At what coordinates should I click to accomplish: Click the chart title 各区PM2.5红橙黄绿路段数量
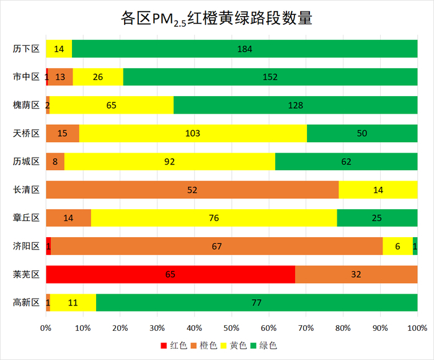[216, 18]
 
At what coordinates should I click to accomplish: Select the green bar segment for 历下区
[244, 48]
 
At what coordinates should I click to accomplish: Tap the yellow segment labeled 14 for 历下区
[59, 48]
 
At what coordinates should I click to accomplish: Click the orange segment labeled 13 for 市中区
[60, 77]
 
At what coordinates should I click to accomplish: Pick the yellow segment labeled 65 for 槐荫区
[112, 105]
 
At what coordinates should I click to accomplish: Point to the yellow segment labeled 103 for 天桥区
[193, 133]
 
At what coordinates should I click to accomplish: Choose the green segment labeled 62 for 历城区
[346, 161]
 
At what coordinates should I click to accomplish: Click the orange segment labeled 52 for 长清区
[192, 190]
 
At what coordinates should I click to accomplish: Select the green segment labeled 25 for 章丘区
[377, 218]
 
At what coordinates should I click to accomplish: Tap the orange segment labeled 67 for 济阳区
[217, 246]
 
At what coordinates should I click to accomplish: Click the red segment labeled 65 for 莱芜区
[170, 274]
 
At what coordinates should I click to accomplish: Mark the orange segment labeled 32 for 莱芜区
[356, 274]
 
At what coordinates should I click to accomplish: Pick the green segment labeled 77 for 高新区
[257, 303]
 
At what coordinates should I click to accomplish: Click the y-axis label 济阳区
[26, 246]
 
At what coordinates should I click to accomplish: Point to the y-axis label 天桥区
[26, 133]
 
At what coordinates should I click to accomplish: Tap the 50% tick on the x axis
[232, 327]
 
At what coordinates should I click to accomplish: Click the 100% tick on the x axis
[417, 327]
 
